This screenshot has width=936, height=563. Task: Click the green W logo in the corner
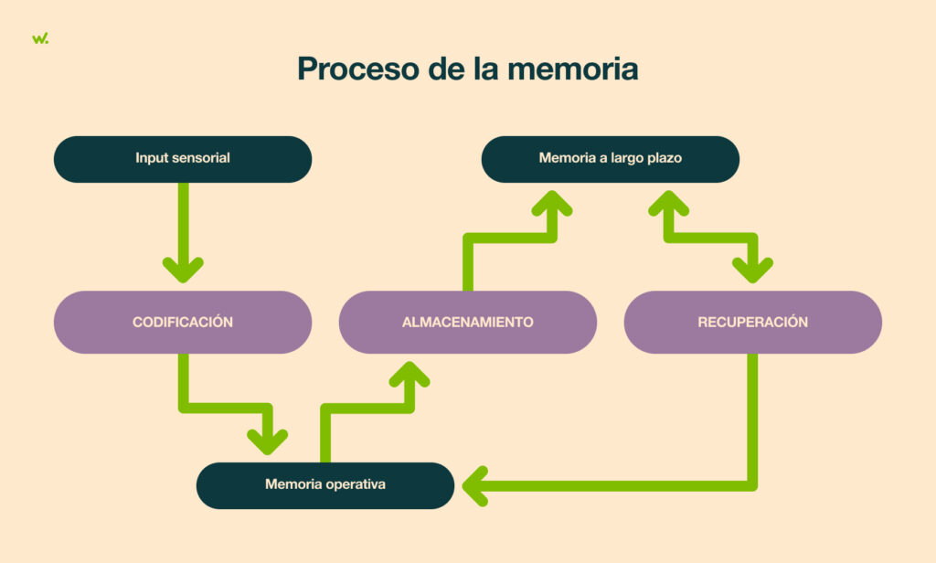coord(40,38)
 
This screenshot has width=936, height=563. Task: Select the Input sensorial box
coord(183,158)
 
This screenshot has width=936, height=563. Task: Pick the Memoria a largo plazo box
coord(610,158)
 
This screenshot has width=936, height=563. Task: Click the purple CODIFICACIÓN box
coord(183,322)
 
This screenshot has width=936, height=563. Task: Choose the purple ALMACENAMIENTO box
coord(467,322)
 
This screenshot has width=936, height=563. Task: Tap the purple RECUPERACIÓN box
coord(752,322)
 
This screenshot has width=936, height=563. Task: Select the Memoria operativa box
coord(325,484)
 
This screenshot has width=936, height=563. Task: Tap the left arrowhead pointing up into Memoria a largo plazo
coord(552,203)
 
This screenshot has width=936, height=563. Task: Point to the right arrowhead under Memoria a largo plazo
coord(668,203)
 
